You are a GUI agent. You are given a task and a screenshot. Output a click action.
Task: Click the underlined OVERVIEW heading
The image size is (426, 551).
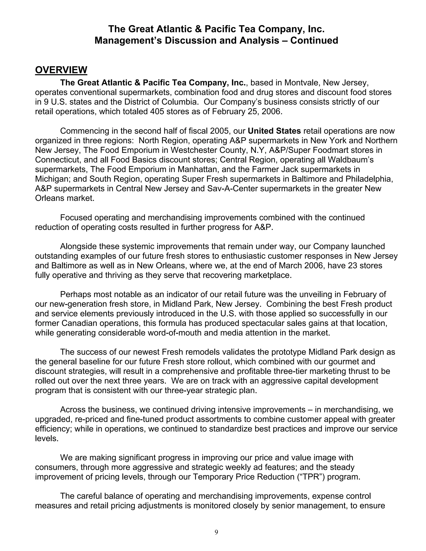coord(61,70)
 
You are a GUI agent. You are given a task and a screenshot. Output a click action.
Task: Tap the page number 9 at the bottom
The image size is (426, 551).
coord(216,532)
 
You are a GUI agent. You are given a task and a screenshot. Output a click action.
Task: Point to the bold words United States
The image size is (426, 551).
coord(274,131)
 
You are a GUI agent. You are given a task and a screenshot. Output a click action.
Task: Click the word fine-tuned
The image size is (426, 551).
coord(143,419)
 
